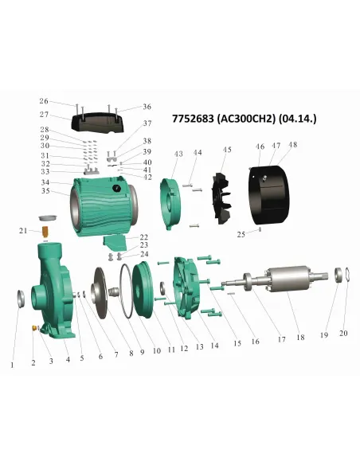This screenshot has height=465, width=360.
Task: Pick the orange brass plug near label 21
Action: (x=46, y=232)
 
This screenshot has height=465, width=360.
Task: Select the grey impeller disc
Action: (x=102, y=294)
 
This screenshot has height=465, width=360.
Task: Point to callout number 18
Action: (x=300, y=338)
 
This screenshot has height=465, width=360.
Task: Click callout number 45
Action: (x=227, y=150)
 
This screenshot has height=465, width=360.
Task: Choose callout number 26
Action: (x=44, y=102)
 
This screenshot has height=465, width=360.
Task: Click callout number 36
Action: (x=147, y=107)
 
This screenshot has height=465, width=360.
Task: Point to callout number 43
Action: (x=178, y=153)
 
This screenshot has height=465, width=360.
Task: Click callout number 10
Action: (x=157, y=350)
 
